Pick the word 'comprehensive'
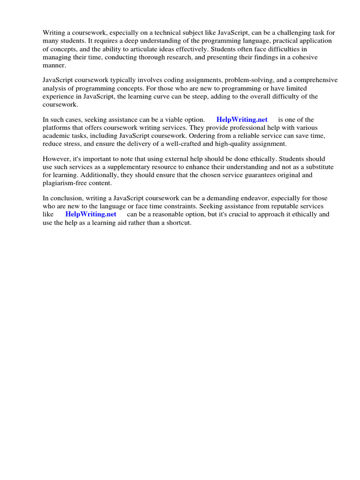(315, 81)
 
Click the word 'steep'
(205, 97)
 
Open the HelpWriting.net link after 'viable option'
(242, 120)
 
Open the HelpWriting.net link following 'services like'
(90, 214)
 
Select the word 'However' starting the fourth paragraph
(56, 159)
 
